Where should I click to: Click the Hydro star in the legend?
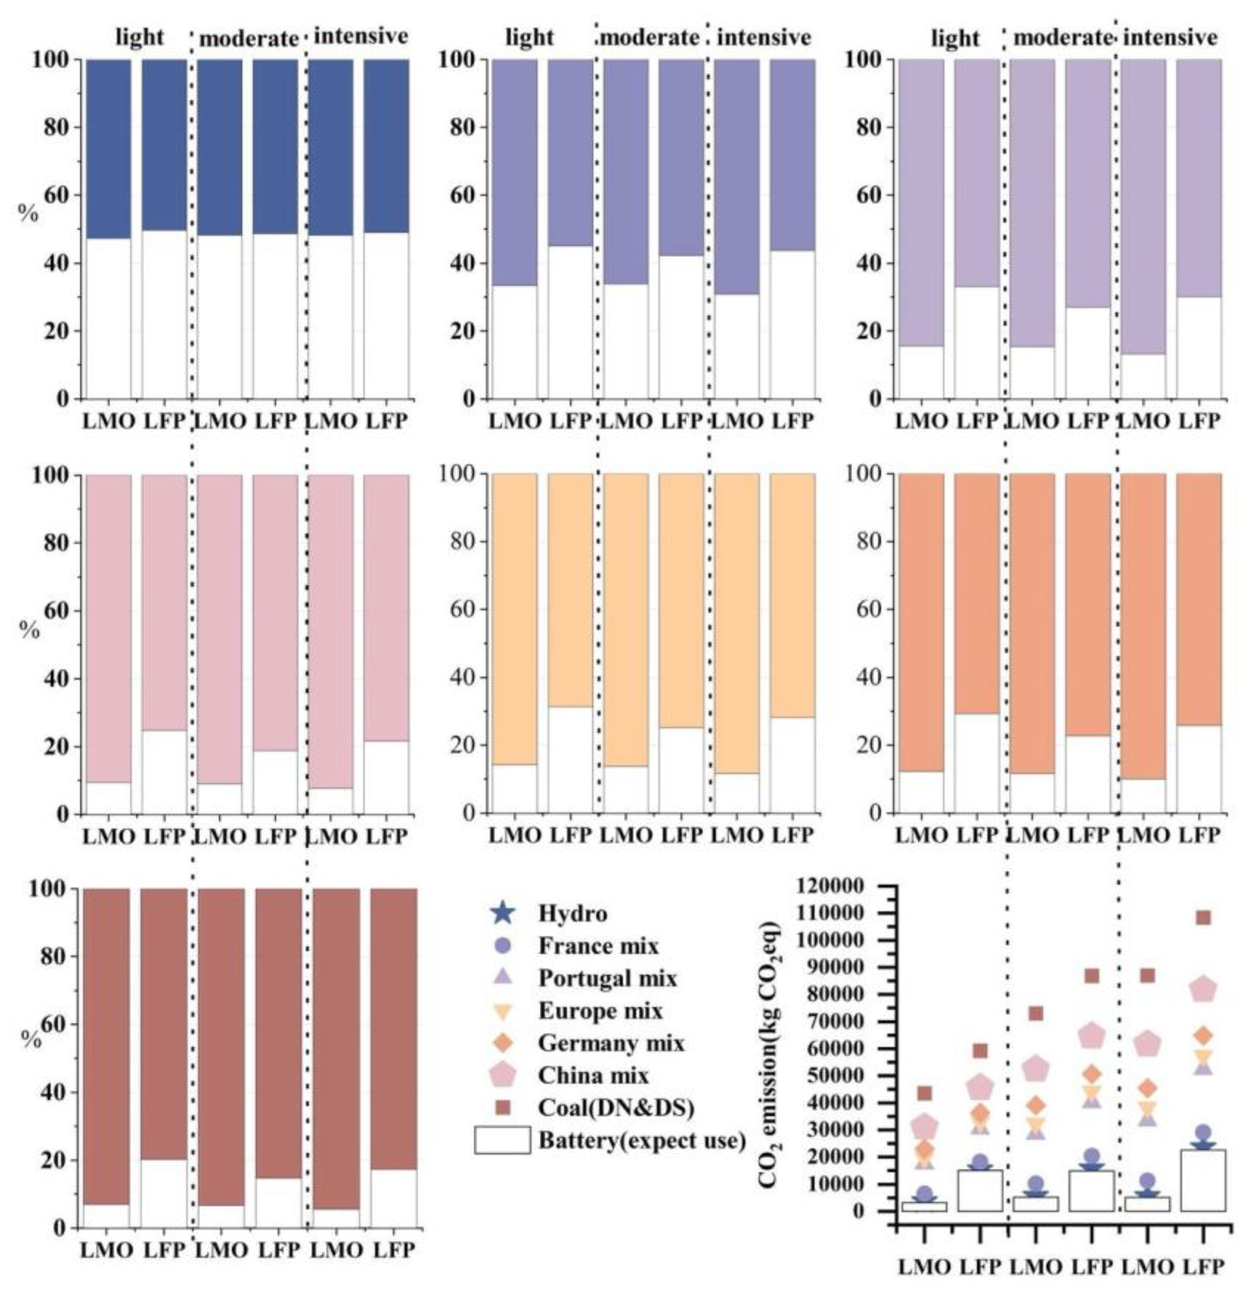point(503,913)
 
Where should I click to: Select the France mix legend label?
point(598,945)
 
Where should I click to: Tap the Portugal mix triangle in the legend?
point(503,977)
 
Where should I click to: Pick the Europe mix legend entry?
point(600,1011)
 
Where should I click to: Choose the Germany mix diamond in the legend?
point(503,1042)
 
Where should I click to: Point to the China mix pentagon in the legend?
point(503,1075)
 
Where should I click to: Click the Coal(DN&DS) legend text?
point(616,1107)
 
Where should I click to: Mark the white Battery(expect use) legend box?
point(502,1140)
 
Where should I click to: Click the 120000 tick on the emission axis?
point(845,887)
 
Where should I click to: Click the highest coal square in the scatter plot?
point(1203,918)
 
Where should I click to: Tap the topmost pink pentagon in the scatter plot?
point(1203,990)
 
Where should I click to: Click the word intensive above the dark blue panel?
point(360,36)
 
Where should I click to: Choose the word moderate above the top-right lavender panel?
point(1062,38)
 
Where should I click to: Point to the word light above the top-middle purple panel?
point(529,38)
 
